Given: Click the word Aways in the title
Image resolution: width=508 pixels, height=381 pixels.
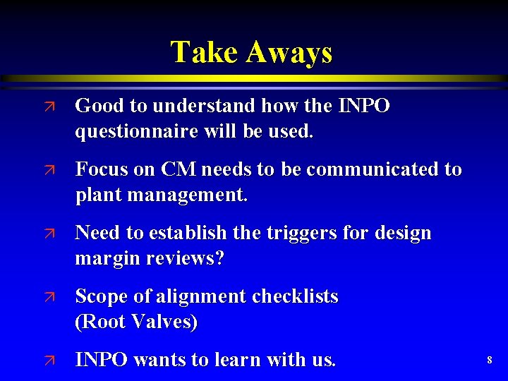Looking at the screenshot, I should pyautogui.click(x=289, y=52).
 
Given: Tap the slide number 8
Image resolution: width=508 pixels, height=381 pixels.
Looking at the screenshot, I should pyautogui.click(x=489, y=361).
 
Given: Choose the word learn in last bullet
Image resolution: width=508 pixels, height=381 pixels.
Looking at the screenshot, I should pyautogui.click(x=235, y=360).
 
